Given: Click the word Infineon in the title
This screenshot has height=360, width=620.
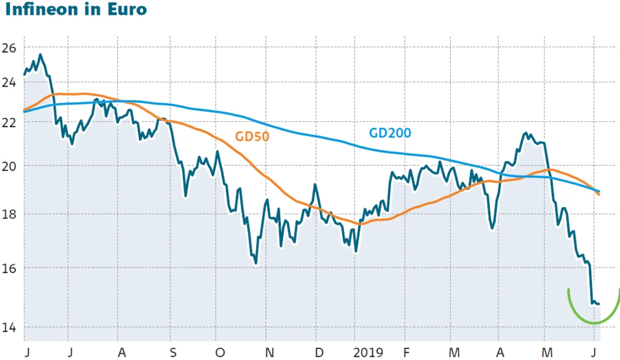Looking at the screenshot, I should (x=41, y=11).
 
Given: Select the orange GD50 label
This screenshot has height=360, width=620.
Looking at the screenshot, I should (x=252, y=137).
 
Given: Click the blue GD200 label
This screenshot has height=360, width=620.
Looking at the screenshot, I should (x=390, y=133).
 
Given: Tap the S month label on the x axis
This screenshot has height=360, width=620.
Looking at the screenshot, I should (x=173, y=352).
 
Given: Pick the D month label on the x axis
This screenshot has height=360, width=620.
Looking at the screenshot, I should (x=318, y=352).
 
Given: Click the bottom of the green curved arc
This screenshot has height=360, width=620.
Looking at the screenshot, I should (x=594, y=323).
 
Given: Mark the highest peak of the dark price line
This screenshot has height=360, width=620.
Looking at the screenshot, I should (x=40, y=55).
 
